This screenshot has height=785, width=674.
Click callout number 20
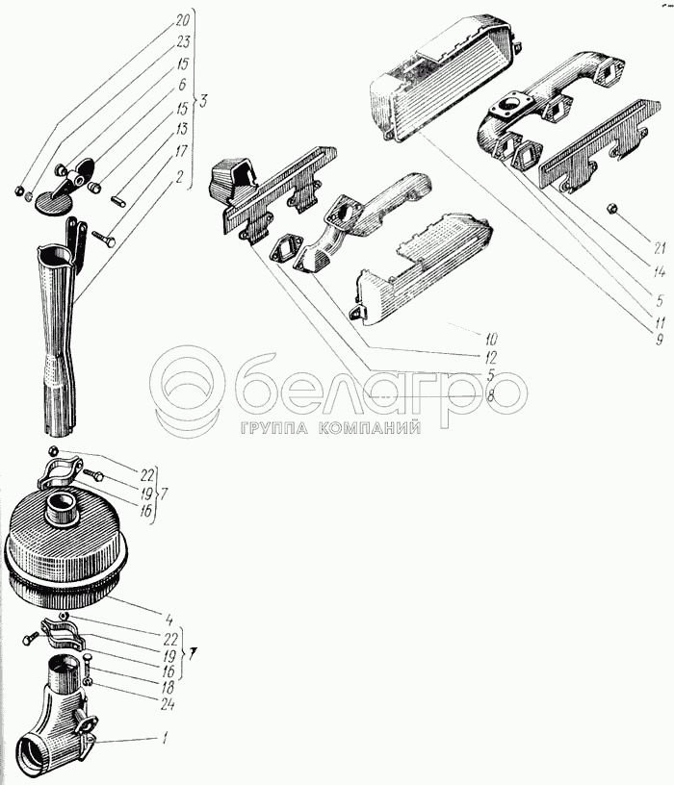tap(181, 21)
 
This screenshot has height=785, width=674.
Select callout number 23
tap(182, 42)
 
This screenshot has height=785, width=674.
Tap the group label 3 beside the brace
tap(202, 102)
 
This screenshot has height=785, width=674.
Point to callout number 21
tap(659, 248)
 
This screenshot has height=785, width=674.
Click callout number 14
tap(660, 272)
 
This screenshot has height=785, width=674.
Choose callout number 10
tap(491, 340)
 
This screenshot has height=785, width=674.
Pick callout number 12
tap(490, 358)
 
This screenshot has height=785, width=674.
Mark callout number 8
tap(490, 396)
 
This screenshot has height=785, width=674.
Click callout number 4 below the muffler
tap(168, 620)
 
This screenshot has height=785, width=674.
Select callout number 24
tap(168, 705)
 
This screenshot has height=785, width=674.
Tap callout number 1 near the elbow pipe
tap(166, 739)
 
